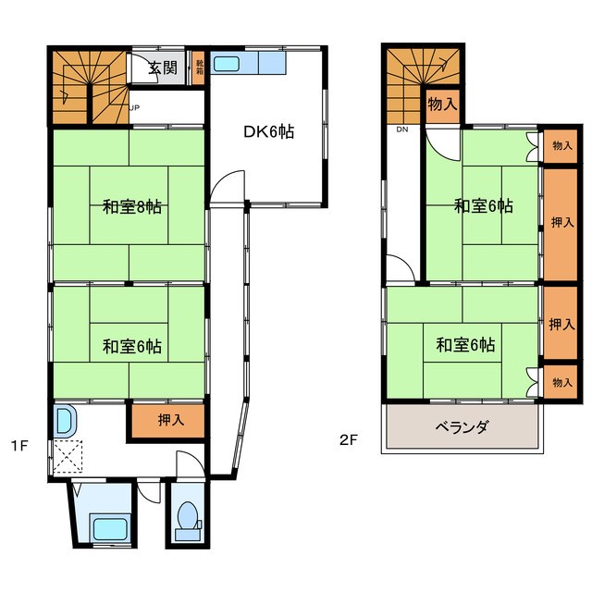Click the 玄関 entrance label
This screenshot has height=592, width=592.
167,68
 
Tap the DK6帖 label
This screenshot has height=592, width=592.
268,132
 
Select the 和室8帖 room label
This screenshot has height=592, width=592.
132,207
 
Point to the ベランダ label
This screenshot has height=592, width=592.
461,427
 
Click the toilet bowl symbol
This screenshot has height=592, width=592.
187,517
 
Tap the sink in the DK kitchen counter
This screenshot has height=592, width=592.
228,65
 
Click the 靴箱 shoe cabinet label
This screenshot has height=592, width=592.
199,68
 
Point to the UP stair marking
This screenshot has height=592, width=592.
135,106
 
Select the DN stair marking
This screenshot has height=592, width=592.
402,129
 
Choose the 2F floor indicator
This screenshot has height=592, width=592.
348,440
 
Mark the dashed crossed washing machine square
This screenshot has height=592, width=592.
68,457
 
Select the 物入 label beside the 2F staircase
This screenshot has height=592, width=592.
442,105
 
